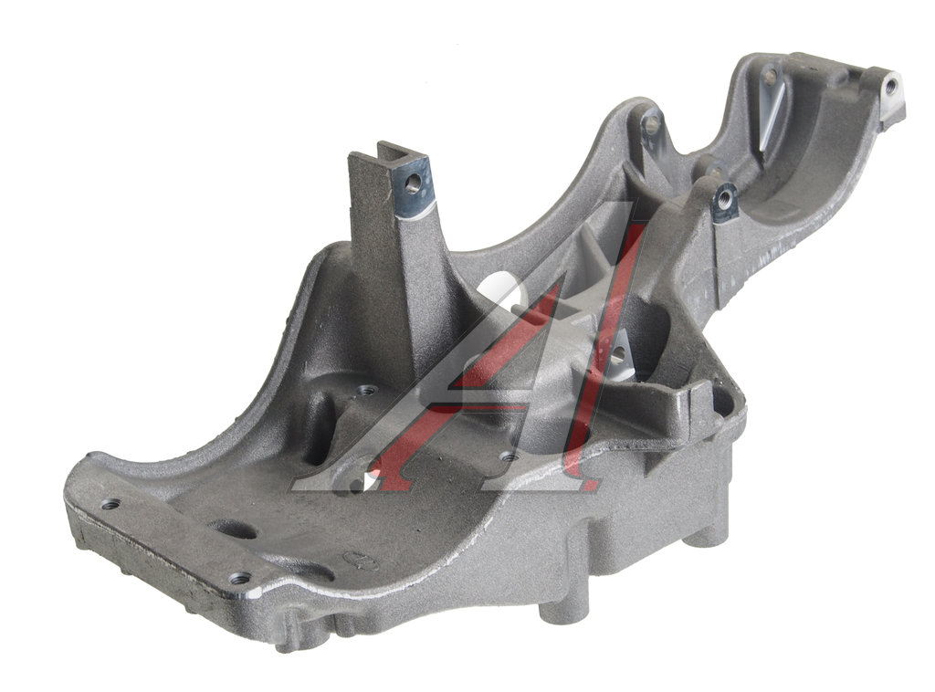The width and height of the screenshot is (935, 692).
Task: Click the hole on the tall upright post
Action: (412, 183)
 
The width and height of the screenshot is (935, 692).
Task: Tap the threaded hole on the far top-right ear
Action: (891, 87)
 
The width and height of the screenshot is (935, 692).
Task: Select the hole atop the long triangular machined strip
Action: (771, 76)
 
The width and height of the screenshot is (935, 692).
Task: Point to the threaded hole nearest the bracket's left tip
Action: (110, 504)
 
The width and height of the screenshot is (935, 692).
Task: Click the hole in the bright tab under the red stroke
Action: (617, 356)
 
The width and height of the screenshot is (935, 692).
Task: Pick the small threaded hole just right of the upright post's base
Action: (365, 391)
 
